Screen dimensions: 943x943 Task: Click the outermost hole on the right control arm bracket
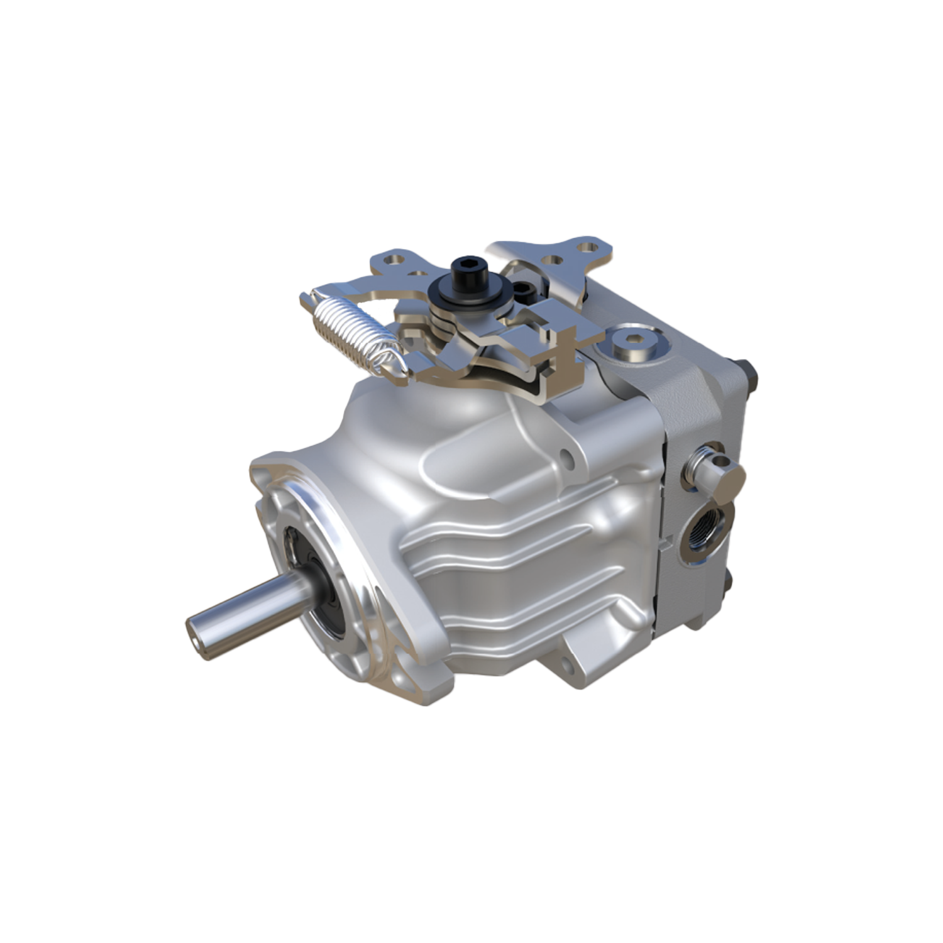pos(587,248)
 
